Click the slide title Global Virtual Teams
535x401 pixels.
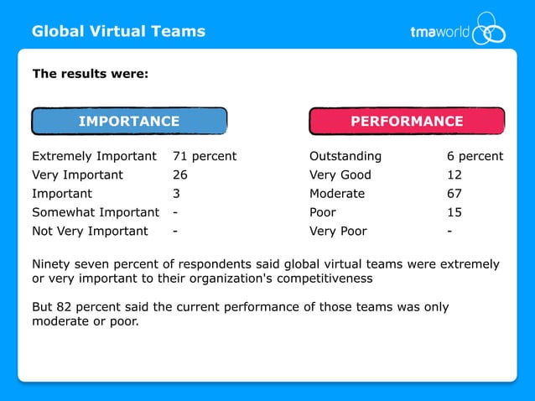pos(118,32)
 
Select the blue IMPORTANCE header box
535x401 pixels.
pos(129,122)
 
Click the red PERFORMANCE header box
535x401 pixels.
pos(407,122)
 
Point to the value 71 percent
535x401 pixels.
pos(205,156)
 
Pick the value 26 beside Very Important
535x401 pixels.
pos(180,175)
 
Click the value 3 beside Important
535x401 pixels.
pos(176,194)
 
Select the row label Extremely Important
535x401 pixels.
pos(94,156)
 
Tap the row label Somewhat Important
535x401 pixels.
pos(96,212)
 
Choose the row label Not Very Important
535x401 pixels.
pos(90,231)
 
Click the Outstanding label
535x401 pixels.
pos(345,156)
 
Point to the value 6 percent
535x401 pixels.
pos(475,156)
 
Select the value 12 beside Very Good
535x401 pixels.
pos(455,175)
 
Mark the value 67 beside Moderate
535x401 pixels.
pos(455,194)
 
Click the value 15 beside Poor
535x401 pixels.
pos(455,212)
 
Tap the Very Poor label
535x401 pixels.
pos(338,231)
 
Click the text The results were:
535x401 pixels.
pos(91,74)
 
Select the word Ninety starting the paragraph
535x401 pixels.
pos(53,264)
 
